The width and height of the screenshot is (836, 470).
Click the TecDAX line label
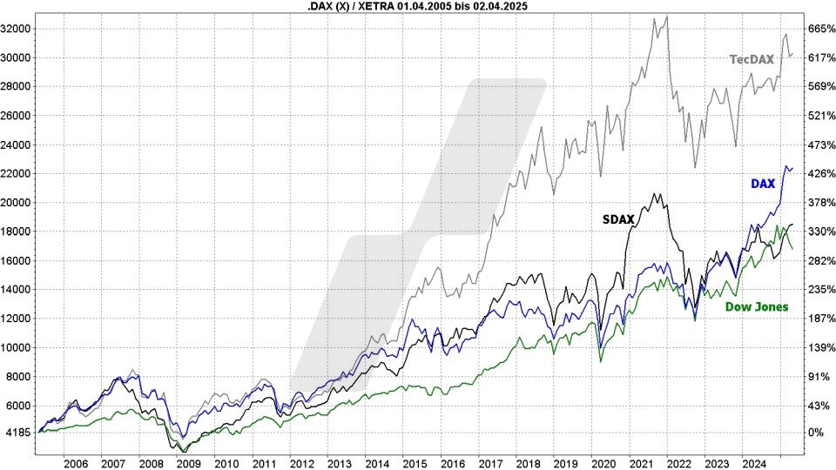tap(751, 59)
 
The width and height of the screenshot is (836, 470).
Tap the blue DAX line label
tap(762, 183)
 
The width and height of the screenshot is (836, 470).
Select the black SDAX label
tap(618, 220)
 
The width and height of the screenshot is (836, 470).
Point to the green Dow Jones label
tap(756, 306)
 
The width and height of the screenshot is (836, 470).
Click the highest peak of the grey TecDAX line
tap(667, 17)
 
